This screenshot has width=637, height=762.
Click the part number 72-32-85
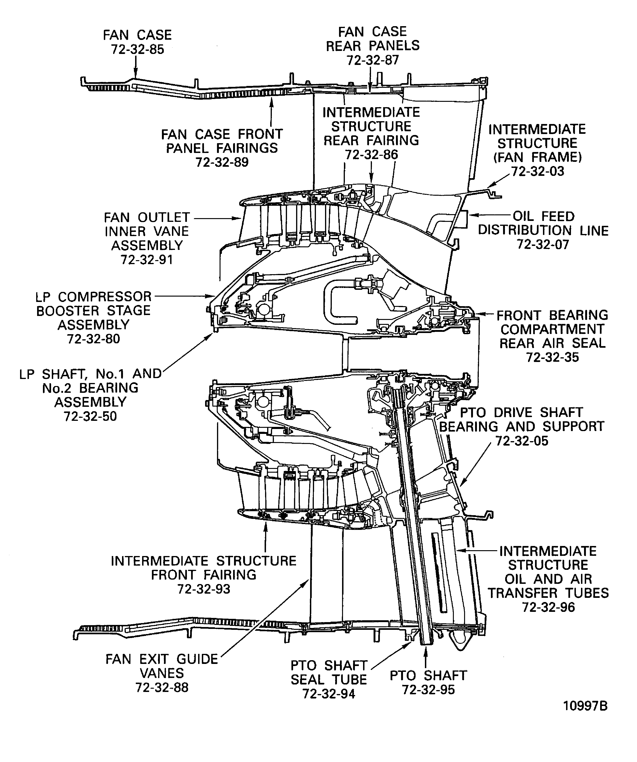[x=137, y=49]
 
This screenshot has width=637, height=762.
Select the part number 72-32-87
[x=373, y=60]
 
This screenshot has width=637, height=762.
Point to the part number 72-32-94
[x=329, y=694]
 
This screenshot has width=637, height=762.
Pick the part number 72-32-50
[x=90, y=416]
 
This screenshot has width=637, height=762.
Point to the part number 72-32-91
[x=147, y=260]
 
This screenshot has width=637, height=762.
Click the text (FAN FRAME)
[x=537, y=157]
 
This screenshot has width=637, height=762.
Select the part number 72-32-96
[x=548, y=607]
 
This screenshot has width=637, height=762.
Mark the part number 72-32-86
[x=371, y=155]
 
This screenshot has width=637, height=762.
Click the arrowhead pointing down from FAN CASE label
[x=135, y=74]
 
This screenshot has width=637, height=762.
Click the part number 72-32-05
[x=522, y=441]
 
